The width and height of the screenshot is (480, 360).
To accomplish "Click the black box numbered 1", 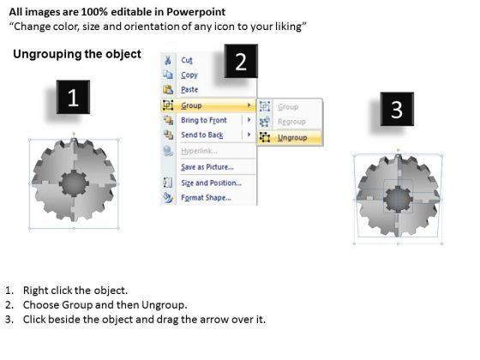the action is click(73, 97).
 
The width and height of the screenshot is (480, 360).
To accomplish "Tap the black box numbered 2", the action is click(241, 61).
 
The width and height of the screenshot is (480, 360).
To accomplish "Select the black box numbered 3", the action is click(397, 109).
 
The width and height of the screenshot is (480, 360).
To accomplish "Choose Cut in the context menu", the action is click(187, 60).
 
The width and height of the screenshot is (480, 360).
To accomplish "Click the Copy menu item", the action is click(189, 75).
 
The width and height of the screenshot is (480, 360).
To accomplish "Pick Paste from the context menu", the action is click(189, 90).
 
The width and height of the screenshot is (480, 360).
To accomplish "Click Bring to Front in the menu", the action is click(204, 120).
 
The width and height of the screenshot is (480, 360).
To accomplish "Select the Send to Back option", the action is click(202, 135).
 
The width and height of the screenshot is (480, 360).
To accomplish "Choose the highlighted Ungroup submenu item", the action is click(292, 138).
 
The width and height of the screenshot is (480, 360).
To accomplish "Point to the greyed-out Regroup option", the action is click(291, 122).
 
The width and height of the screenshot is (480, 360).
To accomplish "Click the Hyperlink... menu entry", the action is click(199, 151).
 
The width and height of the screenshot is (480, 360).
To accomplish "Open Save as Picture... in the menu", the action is click(207, 167).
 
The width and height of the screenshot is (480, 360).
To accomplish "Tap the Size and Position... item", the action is click(211, 183).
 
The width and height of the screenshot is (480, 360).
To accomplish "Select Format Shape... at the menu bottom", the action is click(206, 198).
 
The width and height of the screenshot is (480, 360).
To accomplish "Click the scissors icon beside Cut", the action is click(168, 60).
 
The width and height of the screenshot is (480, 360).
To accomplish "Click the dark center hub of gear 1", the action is click(74, 183).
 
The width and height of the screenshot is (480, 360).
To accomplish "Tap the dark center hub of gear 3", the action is click(398, 199).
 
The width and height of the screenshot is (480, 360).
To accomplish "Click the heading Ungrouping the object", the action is click(77, 54).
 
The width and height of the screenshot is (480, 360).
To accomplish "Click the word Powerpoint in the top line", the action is click(196, 12).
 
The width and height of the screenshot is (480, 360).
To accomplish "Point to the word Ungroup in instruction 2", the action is click(163, 305).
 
